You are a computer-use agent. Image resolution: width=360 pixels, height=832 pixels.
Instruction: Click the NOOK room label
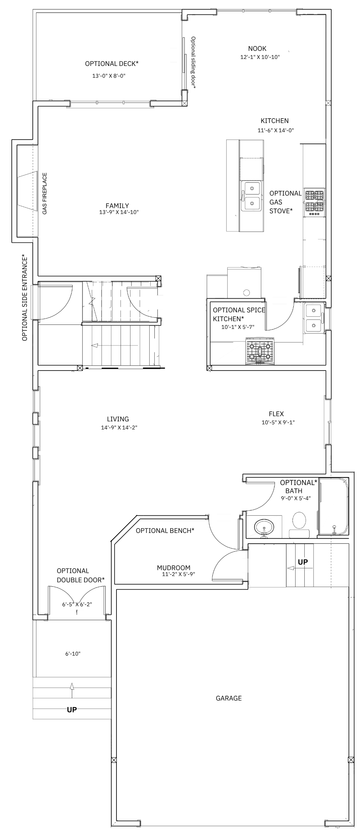click(x=257, y=49)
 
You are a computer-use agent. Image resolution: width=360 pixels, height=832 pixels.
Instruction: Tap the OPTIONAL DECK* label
click(x=112, y=64)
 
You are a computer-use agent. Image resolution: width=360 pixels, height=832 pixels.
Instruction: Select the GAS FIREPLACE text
click(x=45, y=193)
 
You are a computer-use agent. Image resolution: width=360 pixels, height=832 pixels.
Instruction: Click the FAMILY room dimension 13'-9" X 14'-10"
click(x=119, y=212)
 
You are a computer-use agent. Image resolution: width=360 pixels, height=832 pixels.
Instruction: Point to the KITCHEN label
click(x=275, y=121)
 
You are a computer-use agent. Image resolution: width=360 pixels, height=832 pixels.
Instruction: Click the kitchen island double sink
click(x=251, y=196)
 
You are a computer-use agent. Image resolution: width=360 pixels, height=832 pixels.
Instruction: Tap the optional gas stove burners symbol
click(x=314, y=203)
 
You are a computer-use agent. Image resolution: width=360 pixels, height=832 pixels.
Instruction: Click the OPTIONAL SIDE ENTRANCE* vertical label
click(x=25, y=298)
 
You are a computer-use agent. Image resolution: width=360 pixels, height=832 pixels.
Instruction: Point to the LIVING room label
click(x=118, y=419)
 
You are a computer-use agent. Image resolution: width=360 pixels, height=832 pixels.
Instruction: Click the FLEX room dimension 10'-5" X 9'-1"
click(x=278, y=423)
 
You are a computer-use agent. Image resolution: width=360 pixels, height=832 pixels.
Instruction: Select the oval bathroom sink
click(x=264, y=527)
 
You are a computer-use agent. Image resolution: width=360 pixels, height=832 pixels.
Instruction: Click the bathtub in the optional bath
click(x=333, y=506)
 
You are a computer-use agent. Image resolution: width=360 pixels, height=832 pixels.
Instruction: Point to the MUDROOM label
click(x=174, y=568)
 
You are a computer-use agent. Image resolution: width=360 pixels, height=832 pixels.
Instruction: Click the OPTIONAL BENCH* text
click(x=165, y=531)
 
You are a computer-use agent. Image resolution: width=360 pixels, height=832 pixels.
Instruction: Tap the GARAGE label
click(x=229, y=698)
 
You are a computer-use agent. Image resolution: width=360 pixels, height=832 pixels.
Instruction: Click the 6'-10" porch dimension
click(x=73, y=654)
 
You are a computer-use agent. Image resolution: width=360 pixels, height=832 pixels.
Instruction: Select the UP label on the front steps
click(x=72, y=710)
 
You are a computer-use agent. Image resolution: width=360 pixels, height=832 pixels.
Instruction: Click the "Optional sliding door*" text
click(x=193, y=62)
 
